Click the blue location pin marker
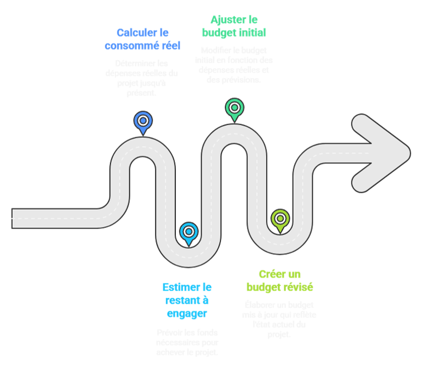pos(143,121)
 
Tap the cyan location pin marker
pos(189,232)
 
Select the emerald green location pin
pos(234,108)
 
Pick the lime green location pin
pos(280,219)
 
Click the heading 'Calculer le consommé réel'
pos(142,39)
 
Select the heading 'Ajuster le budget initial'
pos(234,26)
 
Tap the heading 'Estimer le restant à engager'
pos(187,300)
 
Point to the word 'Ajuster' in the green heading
pos(225,19)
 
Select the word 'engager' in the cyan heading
pos(187,314)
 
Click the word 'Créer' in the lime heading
pos(270,274)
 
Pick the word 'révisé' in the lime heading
pos(299,287)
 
